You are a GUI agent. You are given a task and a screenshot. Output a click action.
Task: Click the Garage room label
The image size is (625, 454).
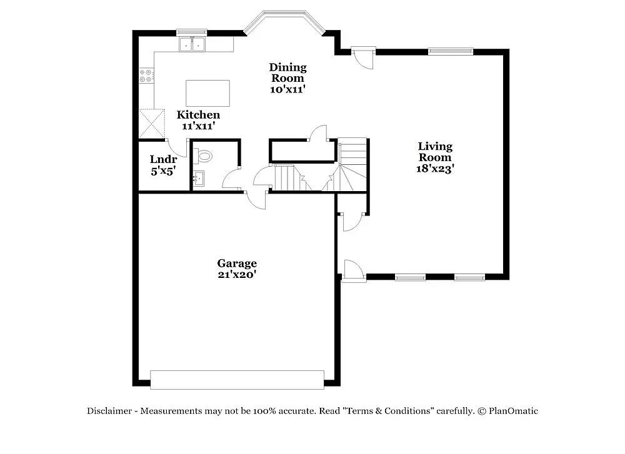click(x=237, y=264)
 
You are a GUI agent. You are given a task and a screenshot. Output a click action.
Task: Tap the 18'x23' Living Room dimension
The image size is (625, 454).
click(x=435, y=168)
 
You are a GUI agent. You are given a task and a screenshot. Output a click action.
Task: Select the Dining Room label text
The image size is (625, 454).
click(x=287, y=72)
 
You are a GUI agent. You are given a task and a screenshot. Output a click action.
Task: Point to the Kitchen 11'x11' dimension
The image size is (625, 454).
click(x=199, y=126)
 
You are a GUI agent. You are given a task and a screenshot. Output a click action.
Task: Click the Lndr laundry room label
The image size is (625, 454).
click(x=163, y=159)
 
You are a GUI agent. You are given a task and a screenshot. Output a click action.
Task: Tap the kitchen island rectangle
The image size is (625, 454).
click(x=207, y=93)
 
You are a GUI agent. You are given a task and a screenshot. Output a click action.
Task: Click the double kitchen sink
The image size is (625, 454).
click(x=192, y=44)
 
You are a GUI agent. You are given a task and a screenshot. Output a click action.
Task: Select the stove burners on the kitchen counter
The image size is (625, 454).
click(x=146, y=76)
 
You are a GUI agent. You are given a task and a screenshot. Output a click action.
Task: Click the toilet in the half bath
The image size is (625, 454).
click(x=204, y=156)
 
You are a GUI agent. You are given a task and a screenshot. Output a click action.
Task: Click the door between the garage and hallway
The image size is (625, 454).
click(x=255, y=200)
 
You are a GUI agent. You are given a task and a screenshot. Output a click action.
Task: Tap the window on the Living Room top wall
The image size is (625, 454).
click(x=450, y=51)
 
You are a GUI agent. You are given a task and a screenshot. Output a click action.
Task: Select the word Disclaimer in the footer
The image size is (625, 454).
click(x=109, y=411)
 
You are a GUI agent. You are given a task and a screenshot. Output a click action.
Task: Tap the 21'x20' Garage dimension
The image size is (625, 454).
click(x=237, y=274)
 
